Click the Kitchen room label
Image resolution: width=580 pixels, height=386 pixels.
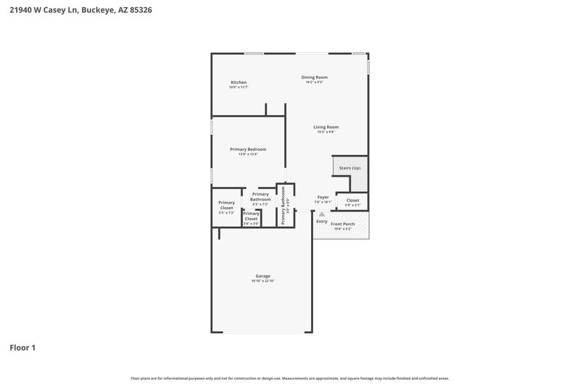[239, 83]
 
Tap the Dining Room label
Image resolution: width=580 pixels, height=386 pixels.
[315, 77]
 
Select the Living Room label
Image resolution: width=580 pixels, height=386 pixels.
[326, 127]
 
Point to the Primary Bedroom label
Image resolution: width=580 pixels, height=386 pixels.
[248, 149]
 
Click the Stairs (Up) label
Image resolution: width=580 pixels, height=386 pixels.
[350, 168]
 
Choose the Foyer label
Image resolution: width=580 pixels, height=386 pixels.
[323, 197]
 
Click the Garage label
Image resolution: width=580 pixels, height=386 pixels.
[262, 276]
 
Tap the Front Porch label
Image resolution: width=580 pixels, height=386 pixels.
[342, 225]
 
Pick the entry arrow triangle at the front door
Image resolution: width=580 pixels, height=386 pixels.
[322, 214]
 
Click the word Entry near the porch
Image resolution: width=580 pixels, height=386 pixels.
[322, 221]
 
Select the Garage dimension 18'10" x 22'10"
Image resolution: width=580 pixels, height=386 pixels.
[262, 281]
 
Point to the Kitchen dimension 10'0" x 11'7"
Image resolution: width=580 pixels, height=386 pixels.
[239, 88]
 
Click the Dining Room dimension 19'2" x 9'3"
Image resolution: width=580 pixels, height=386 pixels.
[315, 83]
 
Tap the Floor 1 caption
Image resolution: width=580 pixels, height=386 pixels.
[22, 348]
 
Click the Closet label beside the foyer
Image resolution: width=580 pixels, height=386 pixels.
[352, 200]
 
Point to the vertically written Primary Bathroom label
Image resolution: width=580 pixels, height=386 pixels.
[283, 205]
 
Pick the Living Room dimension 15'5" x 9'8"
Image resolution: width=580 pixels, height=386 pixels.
[326, 132]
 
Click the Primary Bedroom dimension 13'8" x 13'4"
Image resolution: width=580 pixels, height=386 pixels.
[248, 154]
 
